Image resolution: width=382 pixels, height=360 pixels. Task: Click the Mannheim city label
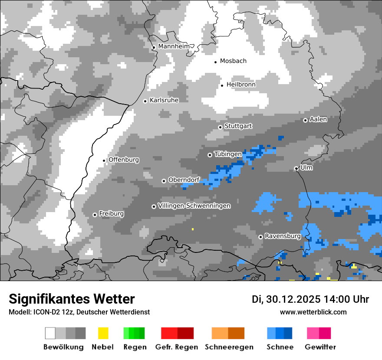(174, 46)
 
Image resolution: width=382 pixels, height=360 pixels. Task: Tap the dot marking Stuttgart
(220, 127)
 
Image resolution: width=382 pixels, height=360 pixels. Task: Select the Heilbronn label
(241, 85)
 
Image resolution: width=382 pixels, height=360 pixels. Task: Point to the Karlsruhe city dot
(145, 101)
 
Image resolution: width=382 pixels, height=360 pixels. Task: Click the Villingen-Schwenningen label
(194, 206)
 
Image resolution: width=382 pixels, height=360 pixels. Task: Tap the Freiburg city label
(111, 214)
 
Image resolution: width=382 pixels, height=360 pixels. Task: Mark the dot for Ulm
(296, 168)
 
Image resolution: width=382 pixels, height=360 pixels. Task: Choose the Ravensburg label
(283, 236)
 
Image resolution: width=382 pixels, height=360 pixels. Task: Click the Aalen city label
(318, 119)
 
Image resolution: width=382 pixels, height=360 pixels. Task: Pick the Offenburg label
(124, 160)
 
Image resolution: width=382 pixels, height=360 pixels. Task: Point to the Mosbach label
(233, 61)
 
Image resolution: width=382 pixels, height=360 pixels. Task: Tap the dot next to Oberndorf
(164, 181)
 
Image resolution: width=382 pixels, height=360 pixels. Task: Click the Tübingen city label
(228, 154)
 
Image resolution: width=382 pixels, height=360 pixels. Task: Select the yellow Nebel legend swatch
(103, 333)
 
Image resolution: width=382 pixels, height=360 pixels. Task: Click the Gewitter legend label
(320, 347)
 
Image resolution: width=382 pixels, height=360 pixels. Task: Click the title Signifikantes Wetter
(72, 299)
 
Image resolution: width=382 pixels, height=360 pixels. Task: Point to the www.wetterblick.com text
(313, 312)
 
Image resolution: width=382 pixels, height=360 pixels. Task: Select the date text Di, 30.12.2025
(286, 299)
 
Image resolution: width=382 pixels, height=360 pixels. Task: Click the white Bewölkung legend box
(50, 333)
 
